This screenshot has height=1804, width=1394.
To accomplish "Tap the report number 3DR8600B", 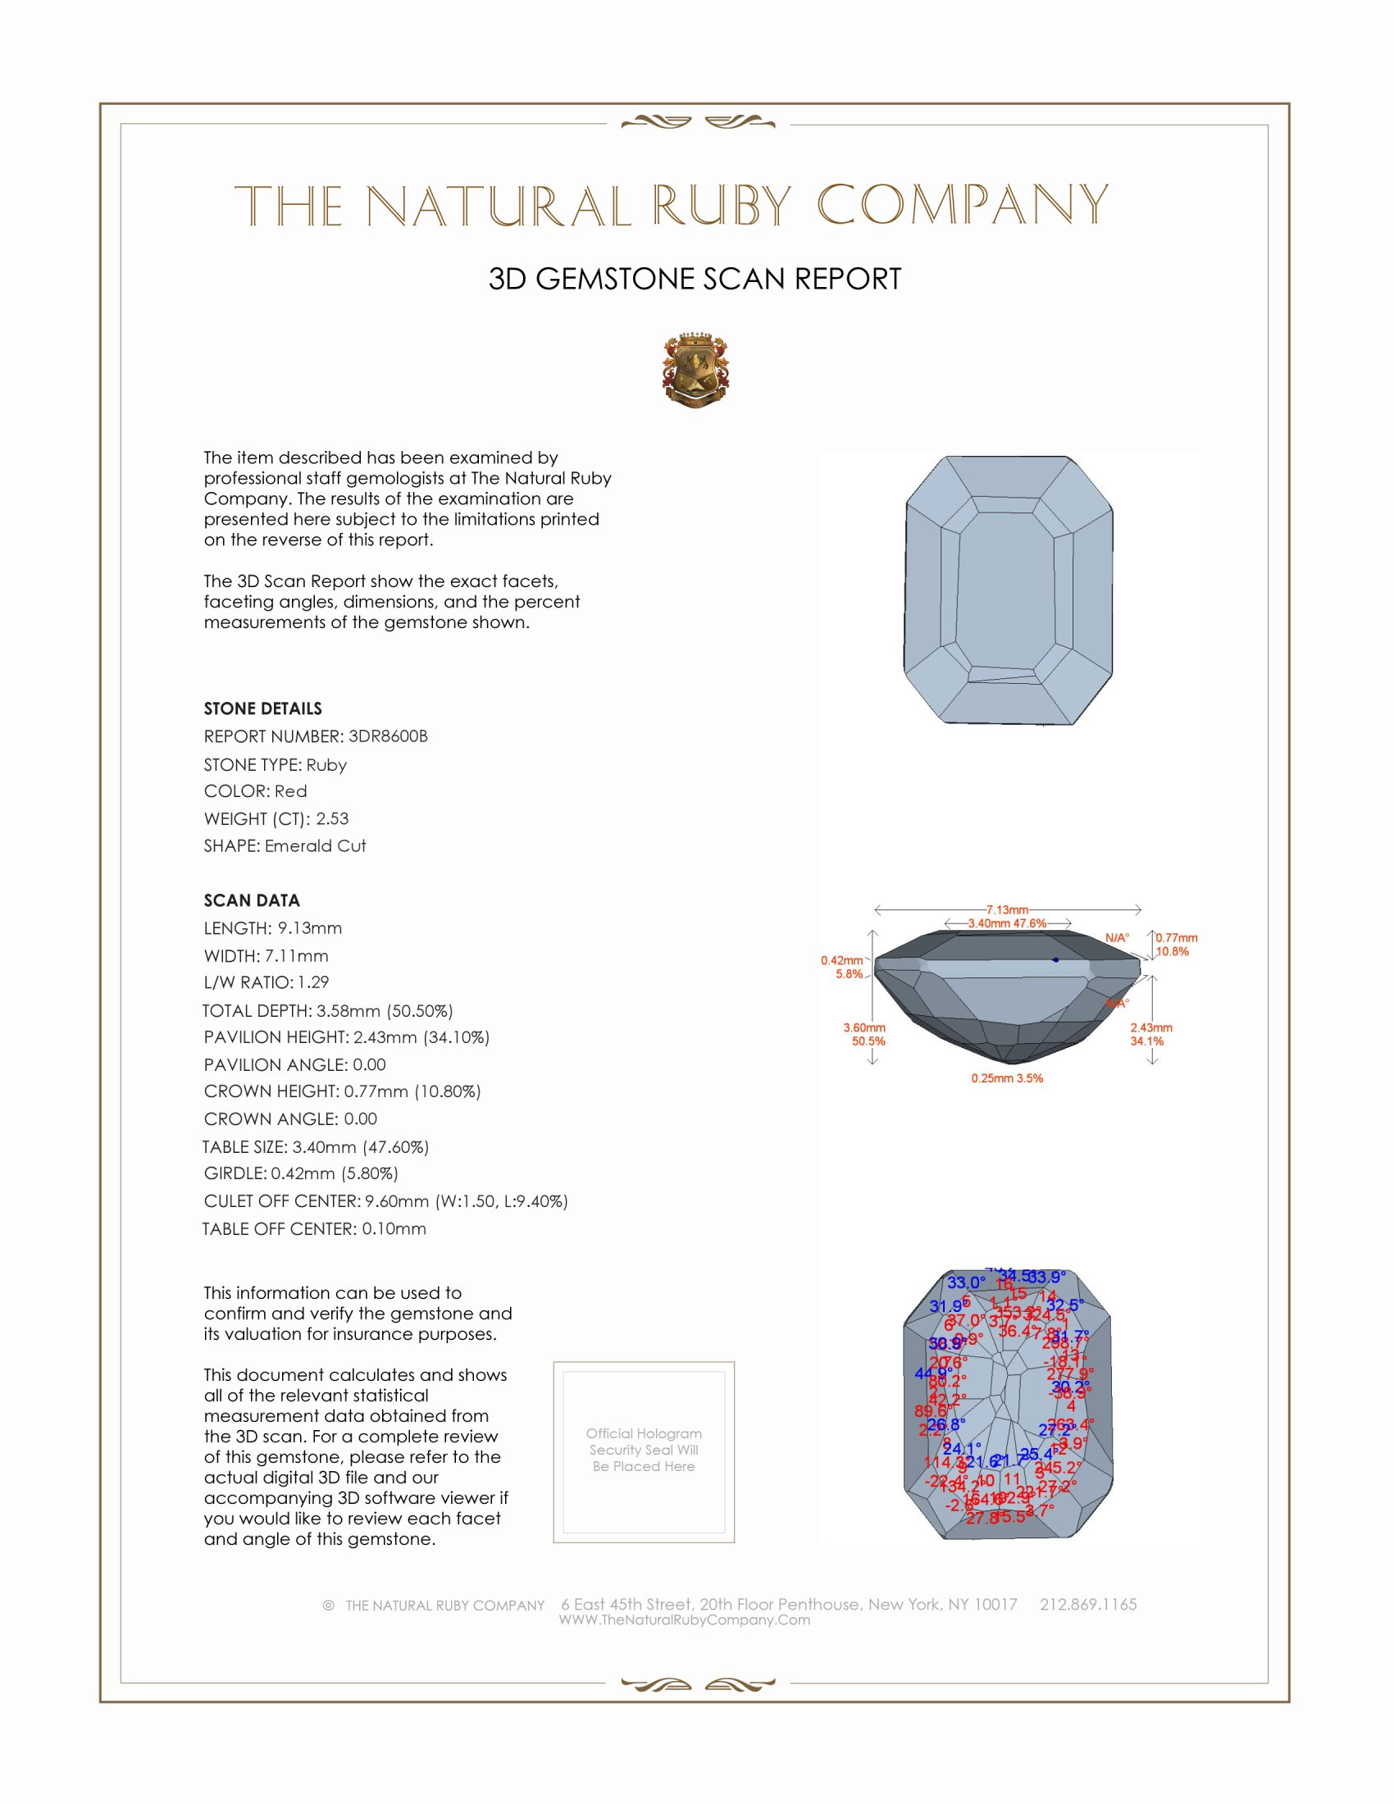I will point(387,736).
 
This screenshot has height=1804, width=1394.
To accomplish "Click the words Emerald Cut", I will point(316,846).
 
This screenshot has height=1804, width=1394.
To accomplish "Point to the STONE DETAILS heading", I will point(262,708).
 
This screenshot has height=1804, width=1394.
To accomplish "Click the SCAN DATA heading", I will point(252,900).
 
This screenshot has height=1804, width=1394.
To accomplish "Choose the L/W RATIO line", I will point(266,982).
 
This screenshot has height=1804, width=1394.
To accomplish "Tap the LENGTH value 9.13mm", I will point(310,927).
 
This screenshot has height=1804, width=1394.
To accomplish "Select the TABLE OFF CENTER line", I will point(314,1228).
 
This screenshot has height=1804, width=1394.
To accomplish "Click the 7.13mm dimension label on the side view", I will point(1007,909).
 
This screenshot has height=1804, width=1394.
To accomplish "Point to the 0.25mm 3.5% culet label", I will point(1007,1078).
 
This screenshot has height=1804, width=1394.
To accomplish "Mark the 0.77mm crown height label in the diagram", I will point(1176,937).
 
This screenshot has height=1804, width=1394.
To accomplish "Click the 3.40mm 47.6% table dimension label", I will point(1007,922).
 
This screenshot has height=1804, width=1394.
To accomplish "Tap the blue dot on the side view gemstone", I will point(1055,960).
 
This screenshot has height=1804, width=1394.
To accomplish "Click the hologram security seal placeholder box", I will point(644,1452).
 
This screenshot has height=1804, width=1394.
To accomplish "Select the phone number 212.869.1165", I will point(1087,1604).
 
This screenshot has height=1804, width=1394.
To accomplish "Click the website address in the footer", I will point(685,1619).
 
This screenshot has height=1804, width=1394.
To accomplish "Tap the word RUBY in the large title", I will point(722,206).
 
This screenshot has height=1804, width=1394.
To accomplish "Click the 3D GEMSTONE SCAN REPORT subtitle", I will point(695,279).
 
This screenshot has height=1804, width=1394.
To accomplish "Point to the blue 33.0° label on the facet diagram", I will point(965,1282).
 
